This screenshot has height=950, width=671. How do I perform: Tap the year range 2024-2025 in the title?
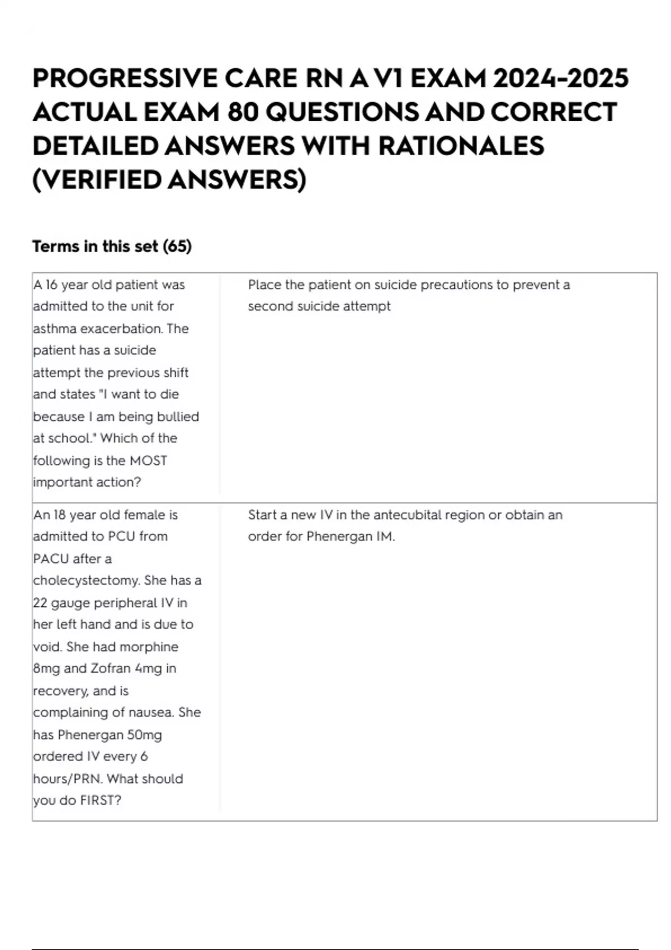click(561, 78)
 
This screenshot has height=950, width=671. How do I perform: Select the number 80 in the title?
click(243, 112)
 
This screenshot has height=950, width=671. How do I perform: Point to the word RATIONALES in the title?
click(461, 146)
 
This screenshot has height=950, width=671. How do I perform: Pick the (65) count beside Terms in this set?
click(177, 246)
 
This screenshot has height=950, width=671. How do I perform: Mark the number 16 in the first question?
click(51, 285)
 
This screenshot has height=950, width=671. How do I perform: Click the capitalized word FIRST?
click(101, 801)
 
